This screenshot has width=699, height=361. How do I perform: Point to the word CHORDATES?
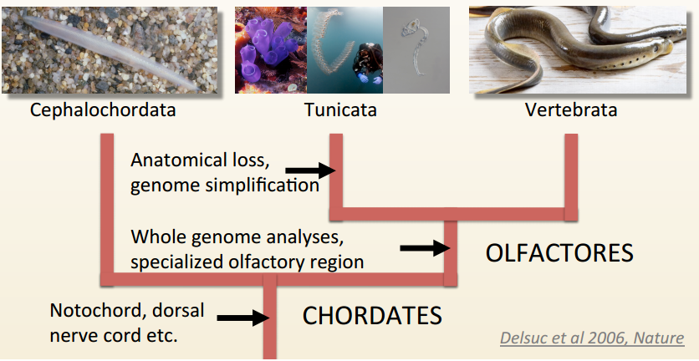[372, 316]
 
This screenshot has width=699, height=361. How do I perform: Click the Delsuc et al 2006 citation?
[592, 338]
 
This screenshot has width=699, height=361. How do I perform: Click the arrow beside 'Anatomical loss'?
[309, 170]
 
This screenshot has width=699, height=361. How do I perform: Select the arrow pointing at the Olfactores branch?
[425, 248]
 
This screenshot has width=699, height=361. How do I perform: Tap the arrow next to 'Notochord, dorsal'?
[242, 318]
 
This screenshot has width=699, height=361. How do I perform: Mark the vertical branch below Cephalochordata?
[106, 209]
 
